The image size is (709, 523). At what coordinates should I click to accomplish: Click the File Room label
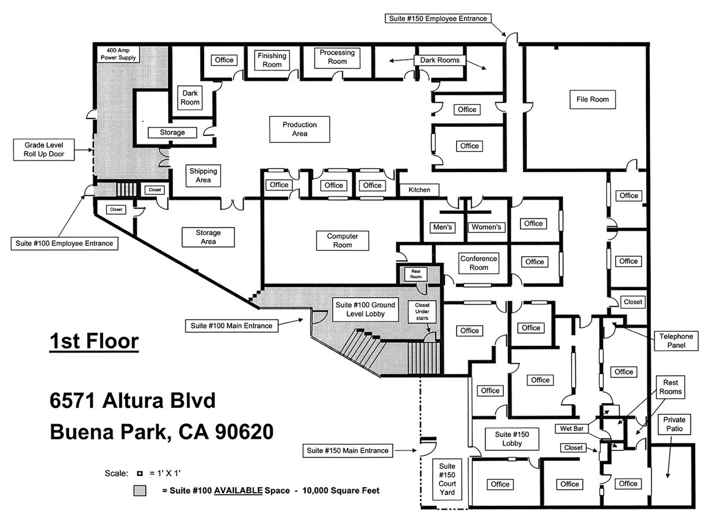pyautogui.click(x=592, y=99)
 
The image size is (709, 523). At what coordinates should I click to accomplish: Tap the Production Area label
pyautogui.click(x=300, y=129)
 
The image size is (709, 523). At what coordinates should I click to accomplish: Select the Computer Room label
pyautogui.click(x=343, y=241)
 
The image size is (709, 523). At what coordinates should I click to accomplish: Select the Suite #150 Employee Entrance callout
pyautogui.click(x=437, y=19)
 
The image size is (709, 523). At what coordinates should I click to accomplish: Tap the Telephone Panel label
pyautogui.click(x=676, y=341)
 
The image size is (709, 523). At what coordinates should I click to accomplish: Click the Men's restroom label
pyautogui.click(x=443, y=227)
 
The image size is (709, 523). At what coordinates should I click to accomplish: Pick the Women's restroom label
pyautogui.click(x=487, y=227)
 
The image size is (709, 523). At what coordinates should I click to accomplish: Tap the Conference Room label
pyautogui.click(x=479, y=263)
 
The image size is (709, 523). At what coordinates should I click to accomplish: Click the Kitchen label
pyautogui.click(x=419, y=190)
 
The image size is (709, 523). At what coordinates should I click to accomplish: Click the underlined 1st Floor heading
pyautogui.click(x=94, y=341)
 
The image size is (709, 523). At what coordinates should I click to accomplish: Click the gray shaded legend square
pyautogui.click(x=140, y=490)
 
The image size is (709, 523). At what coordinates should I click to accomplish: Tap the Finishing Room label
pyautogui.click(x=272, y=60)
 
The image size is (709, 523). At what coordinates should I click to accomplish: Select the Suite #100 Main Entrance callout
pyautogui.click(x=231, y=325)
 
